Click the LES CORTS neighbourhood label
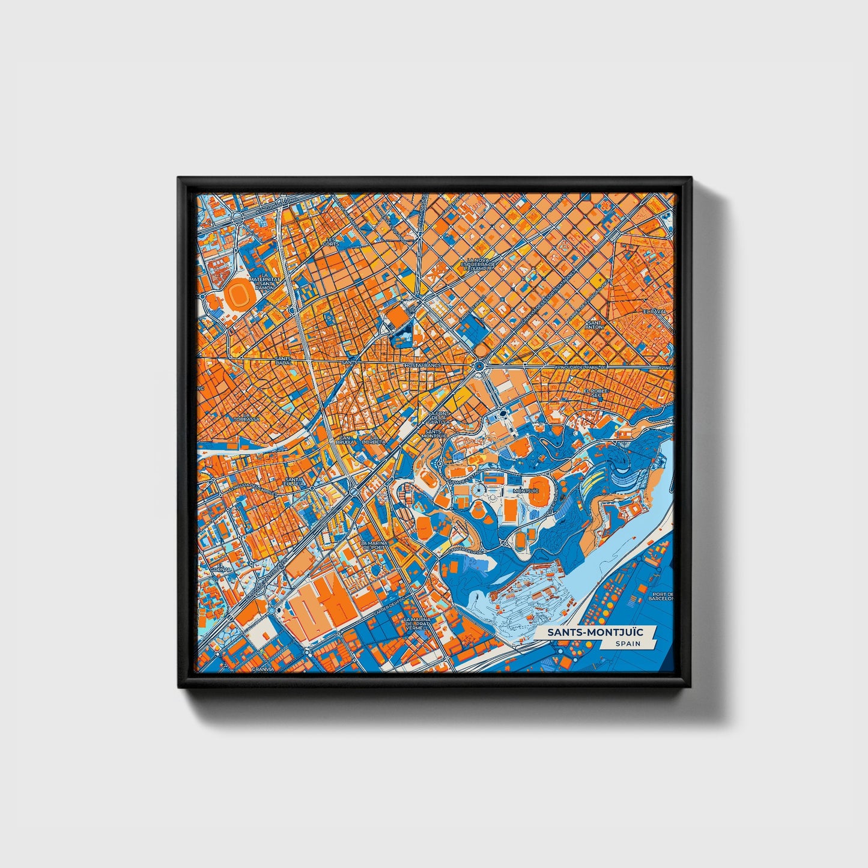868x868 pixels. point(330,241)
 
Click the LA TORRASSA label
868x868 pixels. point(246,416)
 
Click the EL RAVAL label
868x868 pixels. point(652,312)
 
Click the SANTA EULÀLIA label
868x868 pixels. point(294,482)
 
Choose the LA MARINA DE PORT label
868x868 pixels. point(374,545)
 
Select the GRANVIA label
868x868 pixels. point(263,668)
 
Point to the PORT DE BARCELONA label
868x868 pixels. point(661,597)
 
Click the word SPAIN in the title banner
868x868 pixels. point(627,643)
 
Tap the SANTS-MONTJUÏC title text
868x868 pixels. point(594,632)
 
